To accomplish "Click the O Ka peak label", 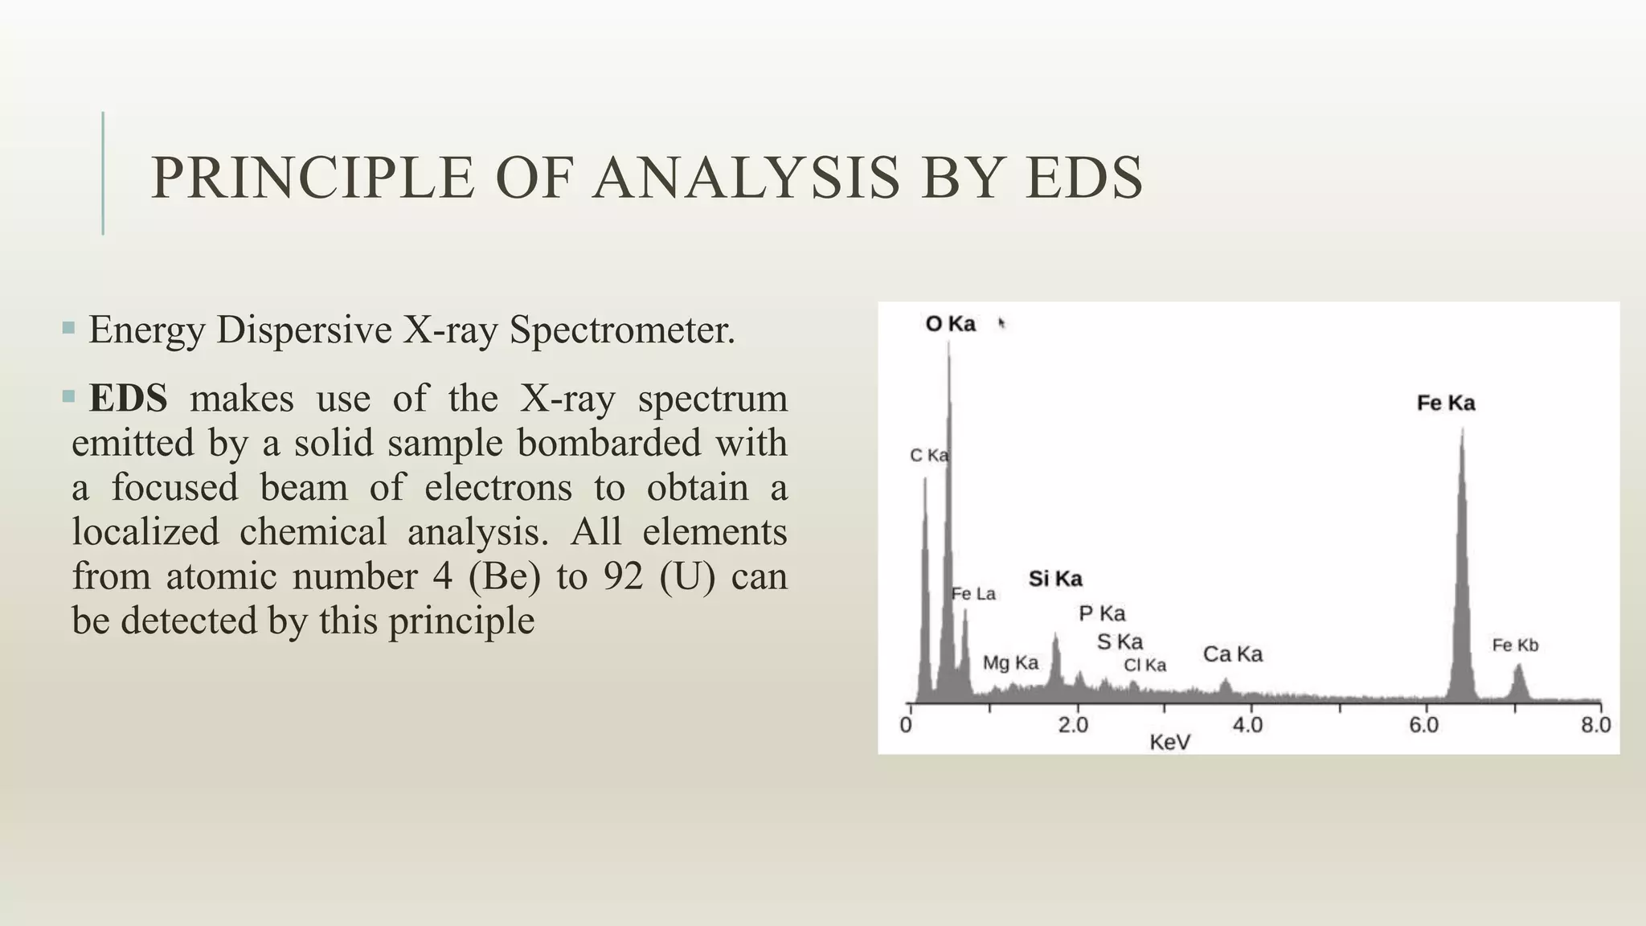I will pyautogui.click(x=951, y=324).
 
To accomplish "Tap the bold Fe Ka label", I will pyautogui.click(x=1445, y=403).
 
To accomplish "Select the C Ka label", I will pyautogui.click(x=928, y=456).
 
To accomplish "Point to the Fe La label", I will pyautogui.click(x=973, y=594).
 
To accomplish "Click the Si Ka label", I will pyautogui.click(x=1055, y=579).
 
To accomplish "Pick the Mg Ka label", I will pyautogui.click(x=1010, y=663).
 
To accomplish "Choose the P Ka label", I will pyautogui.click(x=1102, y=614).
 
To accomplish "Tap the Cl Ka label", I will pyautogui.click(x=1144, y=666).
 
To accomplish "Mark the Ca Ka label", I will pyautogui.click(x=1232, y=654).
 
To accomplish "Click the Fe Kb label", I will pyautogui.click(x=1515, y=645).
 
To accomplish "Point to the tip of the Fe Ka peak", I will pyautogui.click(x=1462, y=431).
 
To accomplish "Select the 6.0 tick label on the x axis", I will pyautogui.click(x=1423, y=725).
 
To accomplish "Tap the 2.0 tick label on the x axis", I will pyautogui.click(x=1073, y=725).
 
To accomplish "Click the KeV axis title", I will pyautogui.click(x=1169, y=743).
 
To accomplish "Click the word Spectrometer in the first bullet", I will pyautogui.click(x=622, y=330).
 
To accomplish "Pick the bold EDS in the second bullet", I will pyautogui.click(x=129, y=399).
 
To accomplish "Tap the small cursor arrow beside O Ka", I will pyautogui.click(x=1001, y=323).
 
